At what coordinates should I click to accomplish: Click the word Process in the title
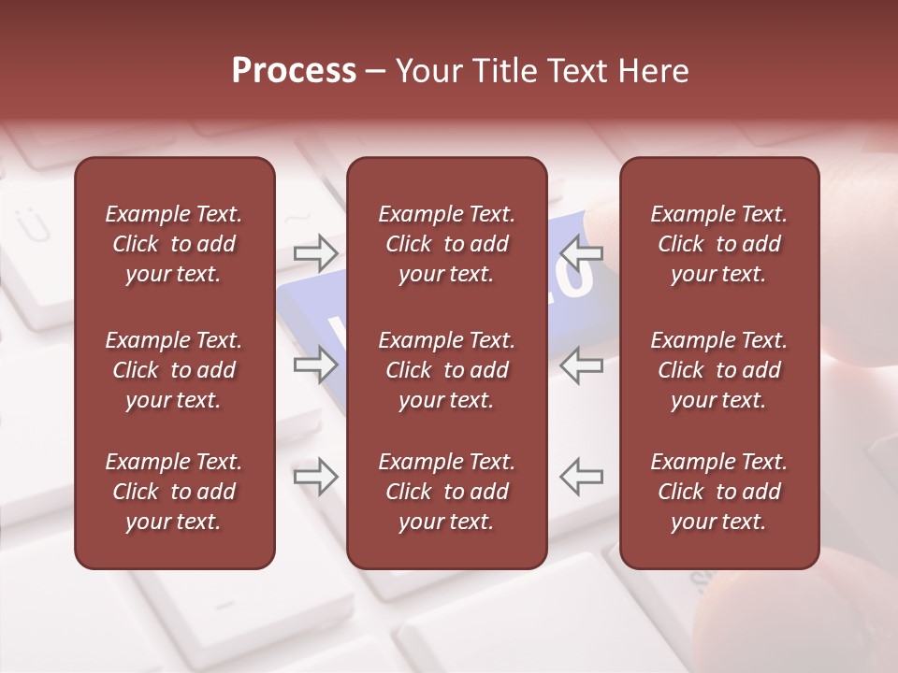(x=294, y=71)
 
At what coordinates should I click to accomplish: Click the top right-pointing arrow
(x=315, y=251)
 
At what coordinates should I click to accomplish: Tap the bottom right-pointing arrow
(x=315, y=477)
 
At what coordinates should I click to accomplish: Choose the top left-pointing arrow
(x=582, y=251)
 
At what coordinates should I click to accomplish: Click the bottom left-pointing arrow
(x=582, y=477)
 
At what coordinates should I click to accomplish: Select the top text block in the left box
(x=174, y=244)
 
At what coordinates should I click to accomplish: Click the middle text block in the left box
(x=174, y=370)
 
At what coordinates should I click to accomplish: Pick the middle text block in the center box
(x=446, y=370)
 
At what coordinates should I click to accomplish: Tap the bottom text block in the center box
(x=446, y=492)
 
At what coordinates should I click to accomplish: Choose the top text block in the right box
(x=718, y=244)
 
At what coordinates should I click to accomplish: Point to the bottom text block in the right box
(x=718, y=492)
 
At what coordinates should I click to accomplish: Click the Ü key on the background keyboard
(x=25, y=223)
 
